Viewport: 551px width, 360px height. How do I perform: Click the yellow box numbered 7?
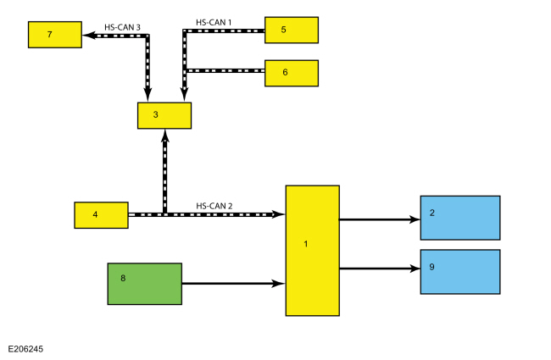click(x=55, y=35)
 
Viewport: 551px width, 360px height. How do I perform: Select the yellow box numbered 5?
click(x=292, y=30)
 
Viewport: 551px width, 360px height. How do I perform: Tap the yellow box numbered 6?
click(x=292, y=73)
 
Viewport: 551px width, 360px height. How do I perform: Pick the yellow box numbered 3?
click(x=164, y=115)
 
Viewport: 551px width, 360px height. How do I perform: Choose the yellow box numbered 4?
click(x=101, y=215)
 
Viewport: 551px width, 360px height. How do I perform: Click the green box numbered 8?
click(x=145, y=284)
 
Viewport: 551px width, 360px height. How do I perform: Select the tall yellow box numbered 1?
click(x=313, y=251)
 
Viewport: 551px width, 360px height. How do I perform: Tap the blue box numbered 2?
click(x=460, y=218)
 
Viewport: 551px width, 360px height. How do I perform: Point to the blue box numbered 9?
click(x=460, y=272)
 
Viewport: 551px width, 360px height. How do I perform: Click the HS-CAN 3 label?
click(x=122, y=27)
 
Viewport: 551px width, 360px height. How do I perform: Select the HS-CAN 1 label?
click(x=214, y=23)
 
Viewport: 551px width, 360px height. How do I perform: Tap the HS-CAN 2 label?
click(x=214, y=206)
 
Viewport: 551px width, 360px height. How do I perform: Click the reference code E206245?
click(x=25, y=349)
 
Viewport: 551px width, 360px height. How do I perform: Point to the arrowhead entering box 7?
click(x=88, y=35)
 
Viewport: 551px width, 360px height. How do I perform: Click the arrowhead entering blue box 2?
click(x=415, y=220)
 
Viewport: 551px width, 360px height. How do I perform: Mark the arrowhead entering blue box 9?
click(x=415, y=269)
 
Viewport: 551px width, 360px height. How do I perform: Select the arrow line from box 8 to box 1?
click(x=234, y=283)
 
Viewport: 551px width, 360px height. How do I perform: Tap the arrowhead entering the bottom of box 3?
click(x=164, y=136)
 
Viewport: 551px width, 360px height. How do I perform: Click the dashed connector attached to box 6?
click(x=225, y=71)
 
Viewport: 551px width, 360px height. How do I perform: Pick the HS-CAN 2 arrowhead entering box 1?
click(x=279, y=214)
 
